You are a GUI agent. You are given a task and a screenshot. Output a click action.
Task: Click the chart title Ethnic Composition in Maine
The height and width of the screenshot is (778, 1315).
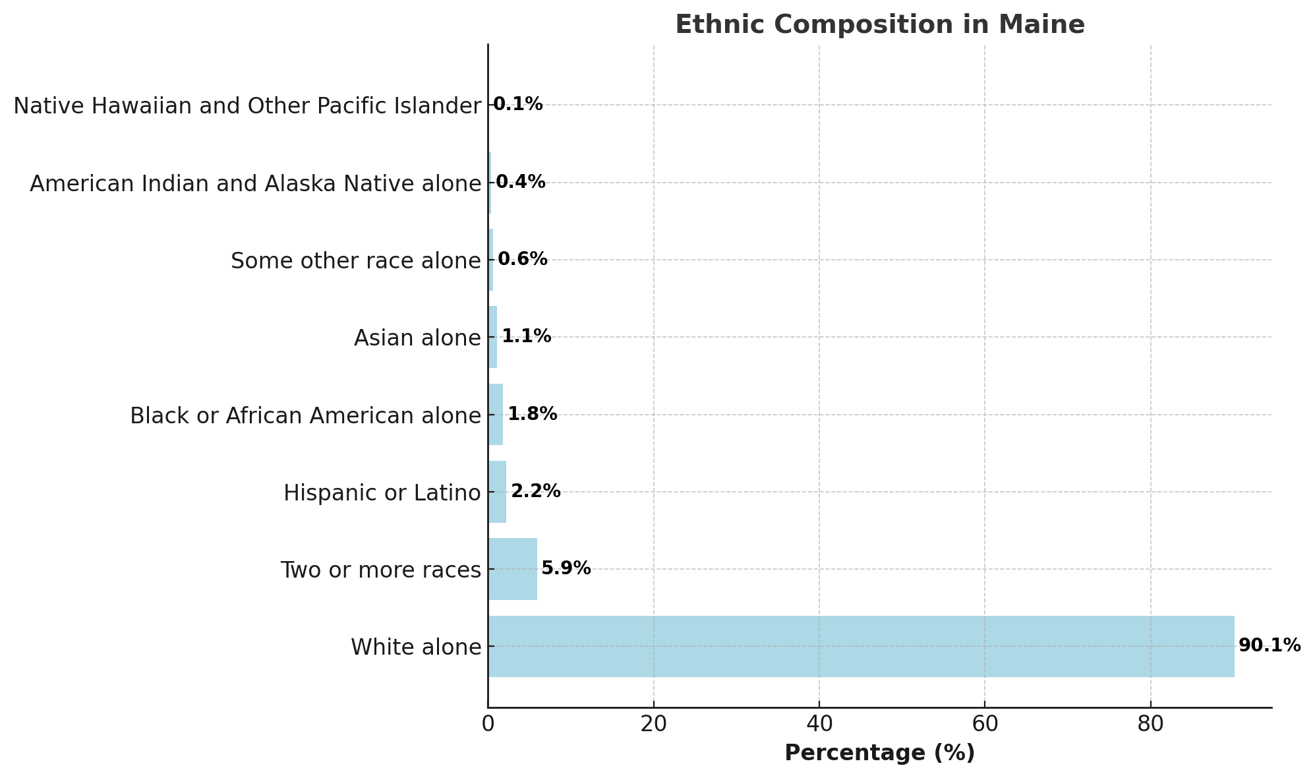(x=879, y=25)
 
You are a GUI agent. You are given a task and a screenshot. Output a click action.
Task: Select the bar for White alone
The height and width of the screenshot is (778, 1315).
(x=861, y=646)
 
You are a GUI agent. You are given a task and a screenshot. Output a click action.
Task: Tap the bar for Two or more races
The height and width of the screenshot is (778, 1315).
(x=512, y=569)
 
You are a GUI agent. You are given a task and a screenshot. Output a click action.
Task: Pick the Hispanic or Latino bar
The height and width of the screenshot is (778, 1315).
(x=497, y=492)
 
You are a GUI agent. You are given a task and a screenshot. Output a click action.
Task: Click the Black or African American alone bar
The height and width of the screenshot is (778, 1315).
(x=496, y=415)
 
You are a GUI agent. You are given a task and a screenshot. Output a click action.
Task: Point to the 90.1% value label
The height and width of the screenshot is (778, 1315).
(x=1270, y=645)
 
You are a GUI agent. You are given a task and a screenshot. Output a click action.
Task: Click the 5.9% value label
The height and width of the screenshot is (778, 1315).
(x=566, y=568)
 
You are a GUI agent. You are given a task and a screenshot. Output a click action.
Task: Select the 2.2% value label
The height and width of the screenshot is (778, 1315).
(x=535, y=491)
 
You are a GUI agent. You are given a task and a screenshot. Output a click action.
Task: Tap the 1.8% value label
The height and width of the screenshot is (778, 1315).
(x=532, y=414)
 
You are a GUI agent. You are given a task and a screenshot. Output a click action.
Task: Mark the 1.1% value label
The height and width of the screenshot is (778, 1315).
(x=526, y=336)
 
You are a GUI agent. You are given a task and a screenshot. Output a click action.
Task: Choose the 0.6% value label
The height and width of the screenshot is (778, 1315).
(x=522, y=259)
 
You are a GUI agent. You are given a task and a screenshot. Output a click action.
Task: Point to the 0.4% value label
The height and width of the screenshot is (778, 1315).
(x=520, y=182)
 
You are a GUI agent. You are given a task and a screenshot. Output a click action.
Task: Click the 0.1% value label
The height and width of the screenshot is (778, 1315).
(x=517, y=104)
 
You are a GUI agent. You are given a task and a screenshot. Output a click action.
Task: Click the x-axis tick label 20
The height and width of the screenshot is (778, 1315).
(x=653, y=724)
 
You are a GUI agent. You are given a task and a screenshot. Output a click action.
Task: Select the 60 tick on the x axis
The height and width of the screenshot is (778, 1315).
(x=984, y=724)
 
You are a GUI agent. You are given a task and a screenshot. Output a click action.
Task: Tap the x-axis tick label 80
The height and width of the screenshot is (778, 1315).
(x=1150, y=724)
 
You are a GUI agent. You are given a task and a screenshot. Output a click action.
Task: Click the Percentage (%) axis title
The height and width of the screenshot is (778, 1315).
(x=879, y=753)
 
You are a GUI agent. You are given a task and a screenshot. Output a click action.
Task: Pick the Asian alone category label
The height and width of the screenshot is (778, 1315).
(x=417, y=338)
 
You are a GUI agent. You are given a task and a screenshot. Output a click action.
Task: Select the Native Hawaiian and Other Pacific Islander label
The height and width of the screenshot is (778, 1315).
(x=247, y=105)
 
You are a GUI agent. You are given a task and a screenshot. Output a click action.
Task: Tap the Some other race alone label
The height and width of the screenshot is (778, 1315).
(x=356, y=261)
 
